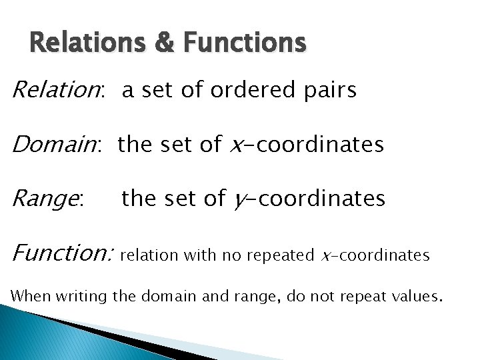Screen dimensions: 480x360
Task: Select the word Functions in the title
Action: (x=245, y=43)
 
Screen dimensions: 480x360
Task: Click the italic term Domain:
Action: (x=56, y=144)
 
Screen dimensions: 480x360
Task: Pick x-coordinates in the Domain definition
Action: (x=306, y=145)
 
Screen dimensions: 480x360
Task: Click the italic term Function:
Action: (x=64, y=253)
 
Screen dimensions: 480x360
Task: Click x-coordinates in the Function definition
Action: (x=375, y=255)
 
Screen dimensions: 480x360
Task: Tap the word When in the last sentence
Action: (x=30, y=295)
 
